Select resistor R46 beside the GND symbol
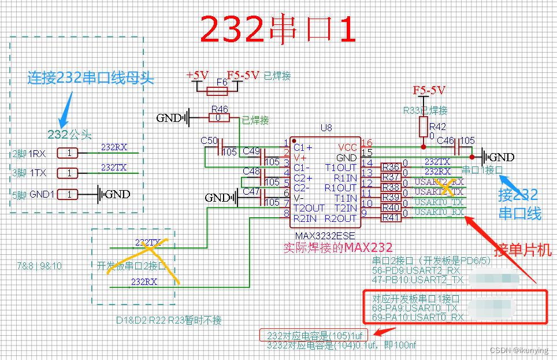point(219,118)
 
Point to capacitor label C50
point(209,140)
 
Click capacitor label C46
point(445,140)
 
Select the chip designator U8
point(326,128)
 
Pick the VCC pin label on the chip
point(347,147)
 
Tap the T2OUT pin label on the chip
point(309,208)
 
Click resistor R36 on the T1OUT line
point(391,168)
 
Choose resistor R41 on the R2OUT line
point(391,218)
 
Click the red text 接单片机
point(524,250)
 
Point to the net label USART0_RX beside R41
point(439,212)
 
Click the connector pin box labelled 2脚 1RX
point(68,153)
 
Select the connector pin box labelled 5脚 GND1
point(68,194)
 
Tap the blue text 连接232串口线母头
point(91,78)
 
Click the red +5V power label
point(197,75)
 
